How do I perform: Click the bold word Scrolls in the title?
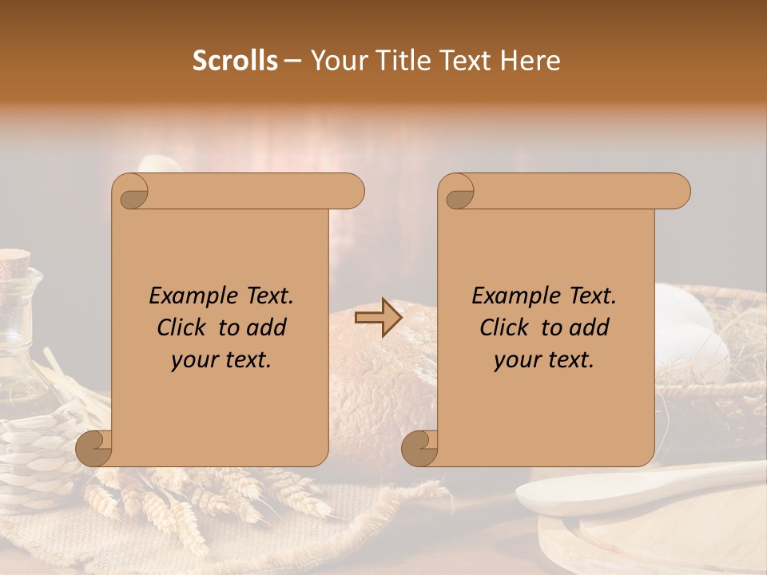coord(235,61)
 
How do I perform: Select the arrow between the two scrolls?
coord(378,319)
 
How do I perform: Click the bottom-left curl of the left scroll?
coord(93,447)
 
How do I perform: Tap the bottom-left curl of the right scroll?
coord(419,447)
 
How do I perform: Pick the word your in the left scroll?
coord(194,359)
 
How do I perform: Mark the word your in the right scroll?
coord(517,359)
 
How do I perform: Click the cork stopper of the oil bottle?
coord(14,262)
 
